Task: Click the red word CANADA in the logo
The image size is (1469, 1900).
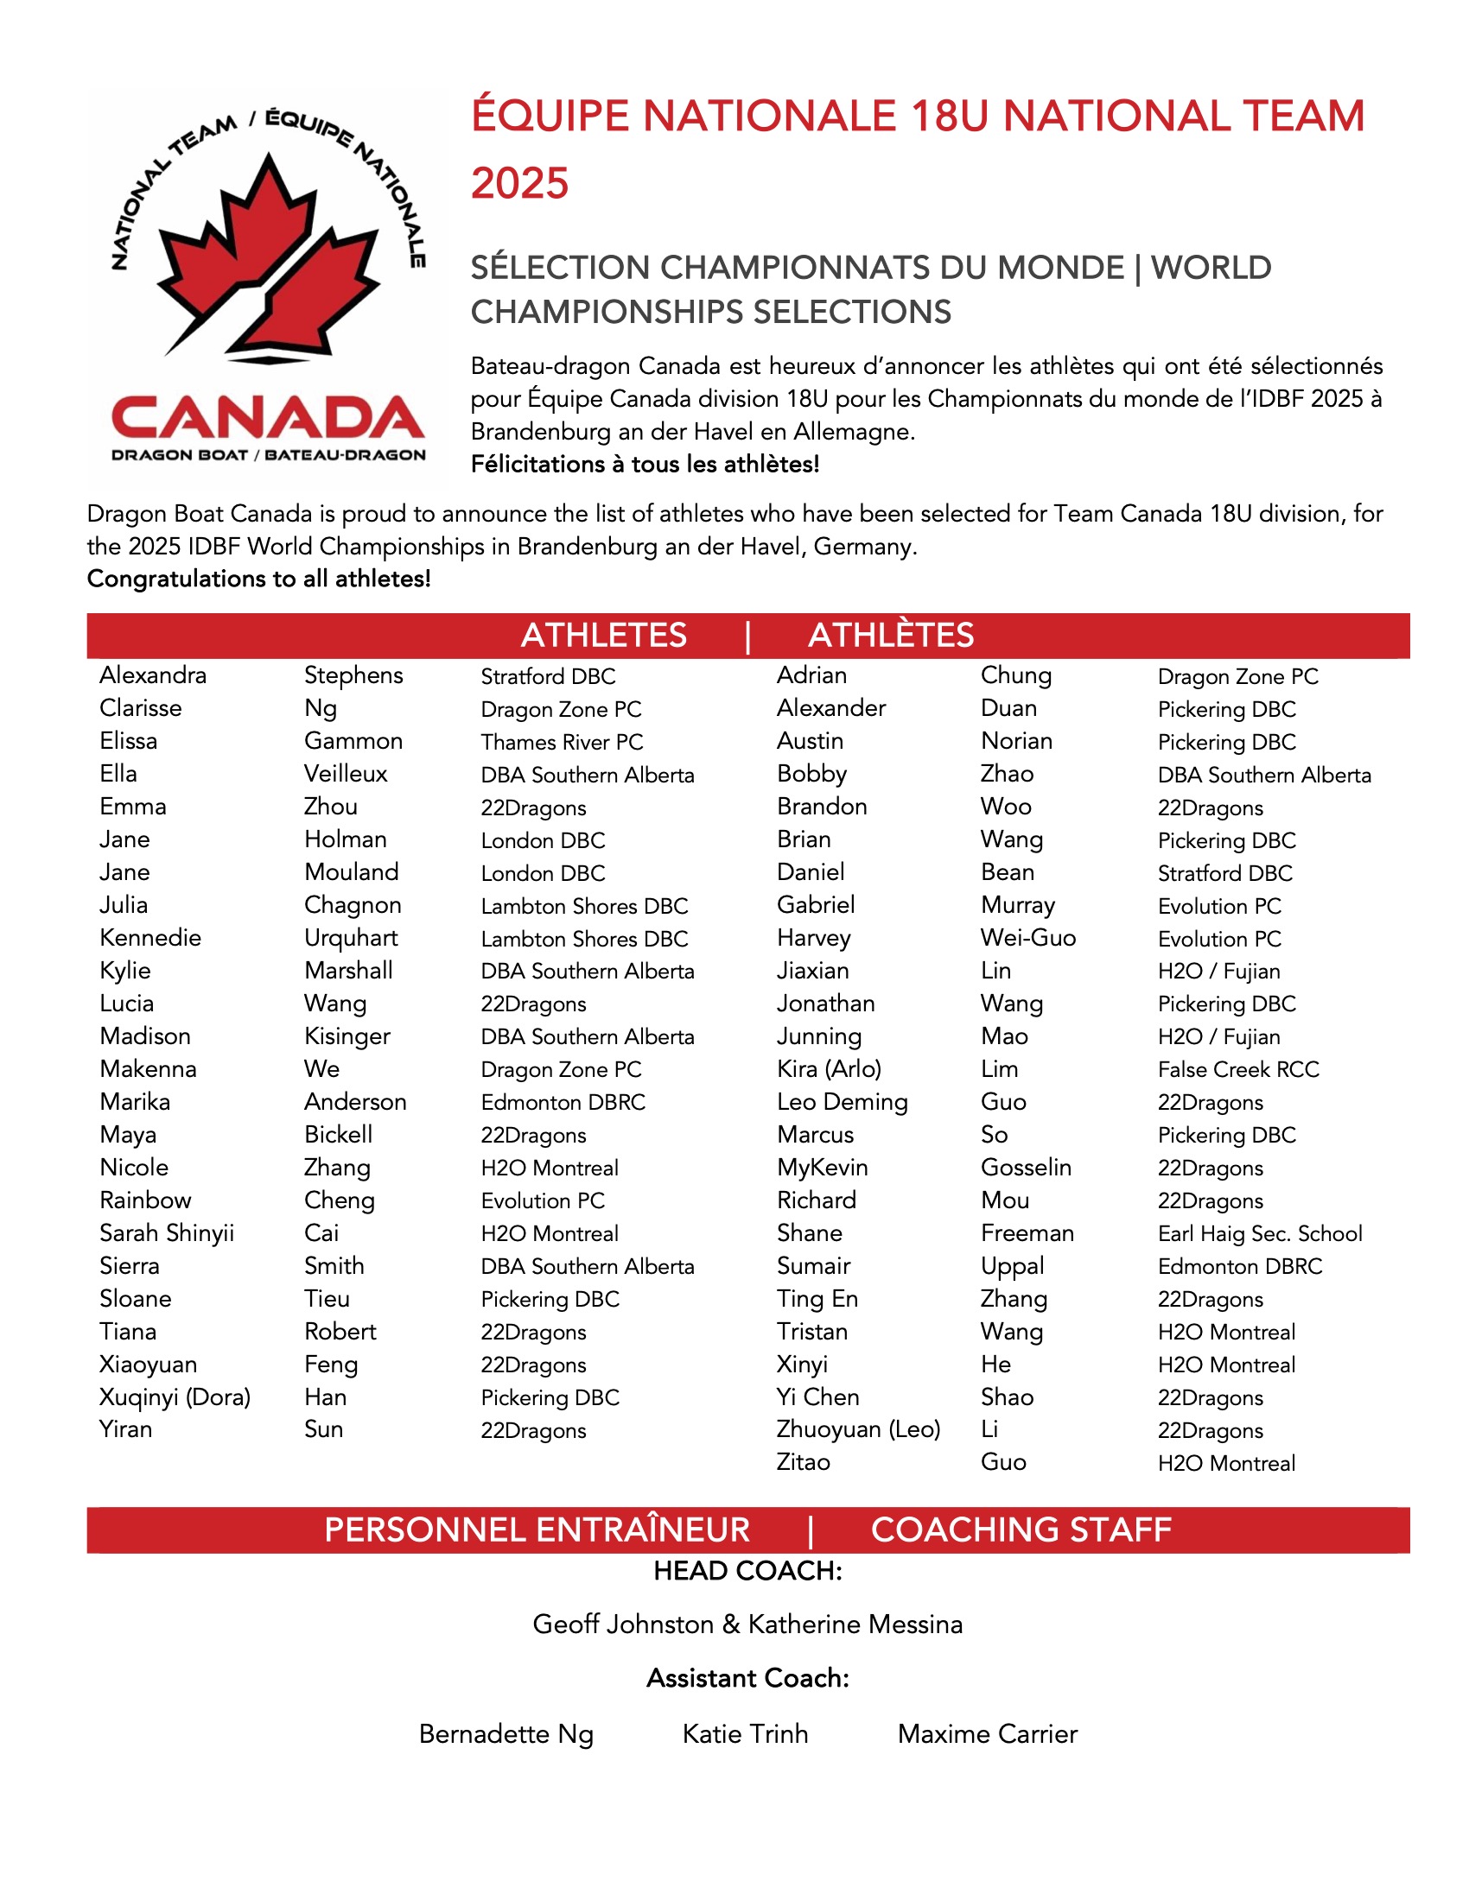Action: pyautogui.click(x=268, y=419)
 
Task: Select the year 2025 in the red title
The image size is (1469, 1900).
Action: pyautogui.click(x=519, y=184)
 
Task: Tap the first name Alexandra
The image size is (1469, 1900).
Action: pyautogui.click(x=152, y=675)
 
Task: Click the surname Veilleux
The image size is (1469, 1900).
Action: pyautogui.click(x=346, y=774)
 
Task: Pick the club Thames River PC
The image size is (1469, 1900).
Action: pyautogui.click(x=562, y=742)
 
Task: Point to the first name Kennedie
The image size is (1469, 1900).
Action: pyautogui.click(x=149, y=938)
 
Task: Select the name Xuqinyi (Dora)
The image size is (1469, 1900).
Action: pyautogui.click(x=174, y=1397)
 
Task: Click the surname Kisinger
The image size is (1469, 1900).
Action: pyautogui.click(x=347, y=1036)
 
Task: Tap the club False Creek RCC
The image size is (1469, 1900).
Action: pyautogui.click(x=1237, y=1069)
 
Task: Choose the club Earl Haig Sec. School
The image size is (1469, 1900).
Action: pyautogui.click(x=1259, y=1233)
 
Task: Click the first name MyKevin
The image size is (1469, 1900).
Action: pyautogui.click(x=822, y=1168)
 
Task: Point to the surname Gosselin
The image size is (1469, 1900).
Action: pyautogui.click(x=1025, y=1168)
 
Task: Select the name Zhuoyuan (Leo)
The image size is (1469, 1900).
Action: pyautogui.click(x=858, y=1429)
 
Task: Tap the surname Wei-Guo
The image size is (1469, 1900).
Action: pyautogui.click(x=1027, y=938)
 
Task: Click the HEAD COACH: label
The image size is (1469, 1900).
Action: pyautogui.click(x=747, y=1571)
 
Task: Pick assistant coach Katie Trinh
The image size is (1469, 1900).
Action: pyautogui.click(x=745, y=1734)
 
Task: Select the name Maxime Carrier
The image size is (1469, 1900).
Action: pyautogui.click(x=987, y=1734)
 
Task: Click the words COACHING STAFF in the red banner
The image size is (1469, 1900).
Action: pyautogui.click(x=1020, y=1530)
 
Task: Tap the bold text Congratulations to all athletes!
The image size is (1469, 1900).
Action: pyautogui.click(x=258, y=579)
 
